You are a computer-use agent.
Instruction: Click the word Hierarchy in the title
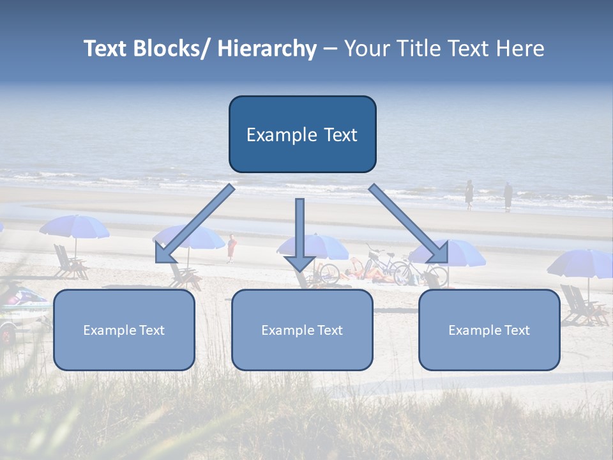[x=267, y=49]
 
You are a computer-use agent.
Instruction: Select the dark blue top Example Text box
[x=302, y=134]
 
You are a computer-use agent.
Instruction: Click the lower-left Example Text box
[x=124, y=330]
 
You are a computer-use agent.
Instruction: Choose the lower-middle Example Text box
[x=302, y=330]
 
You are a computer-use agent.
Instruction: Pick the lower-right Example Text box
[x=489, y=330]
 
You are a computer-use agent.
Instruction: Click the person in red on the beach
[x=231, y=247]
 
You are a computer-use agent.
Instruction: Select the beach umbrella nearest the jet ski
[x=75, y=227]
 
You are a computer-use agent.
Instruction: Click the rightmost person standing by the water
[x=508, y=196]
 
